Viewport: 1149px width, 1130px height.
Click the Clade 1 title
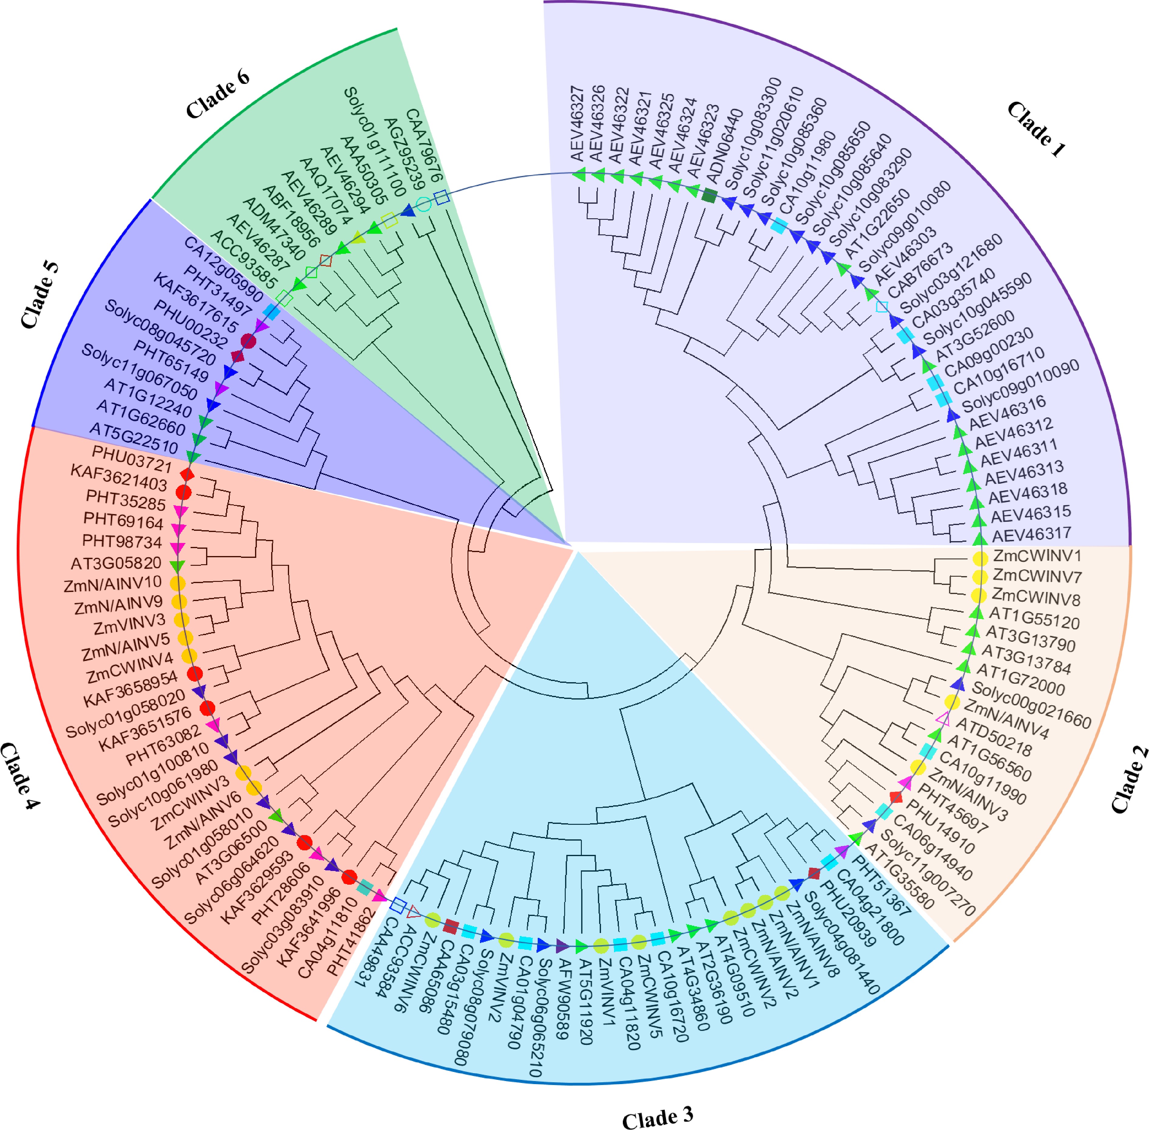1036,130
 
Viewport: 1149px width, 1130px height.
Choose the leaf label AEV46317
1031,535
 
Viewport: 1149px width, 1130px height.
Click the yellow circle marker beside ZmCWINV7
980,577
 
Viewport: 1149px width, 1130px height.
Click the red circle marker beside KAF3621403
183,492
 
